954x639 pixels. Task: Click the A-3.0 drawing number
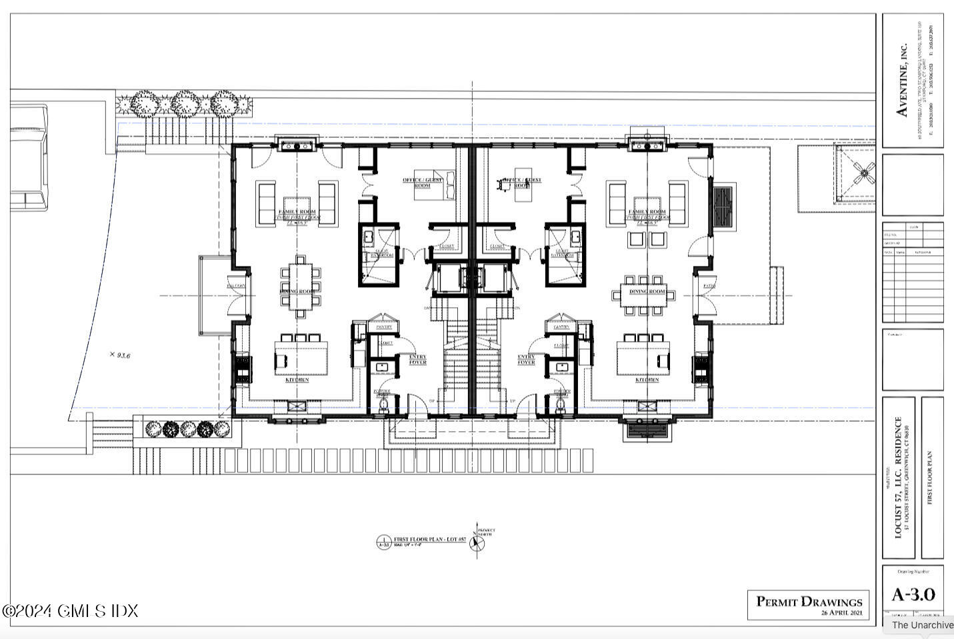[913, 594]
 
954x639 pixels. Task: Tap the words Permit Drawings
[808, 602]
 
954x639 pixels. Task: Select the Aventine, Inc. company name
[902, 80]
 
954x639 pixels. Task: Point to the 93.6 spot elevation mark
[120, 355]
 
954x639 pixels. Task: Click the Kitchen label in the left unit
[297, 380]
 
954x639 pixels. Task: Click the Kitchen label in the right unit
[647, 380]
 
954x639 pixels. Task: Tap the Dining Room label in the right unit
[647, 292]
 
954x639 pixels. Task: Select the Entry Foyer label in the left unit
[417, 360]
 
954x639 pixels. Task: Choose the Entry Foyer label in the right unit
[527, 360]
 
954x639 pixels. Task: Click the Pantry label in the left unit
[384, 327]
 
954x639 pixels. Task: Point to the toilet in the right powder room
[560, 404]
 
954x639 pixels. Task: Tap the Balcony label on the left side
[236, 287]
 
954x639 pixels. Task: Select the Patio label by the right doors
[708, 287]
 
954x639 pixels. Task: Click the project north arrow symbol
[477, 542]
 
